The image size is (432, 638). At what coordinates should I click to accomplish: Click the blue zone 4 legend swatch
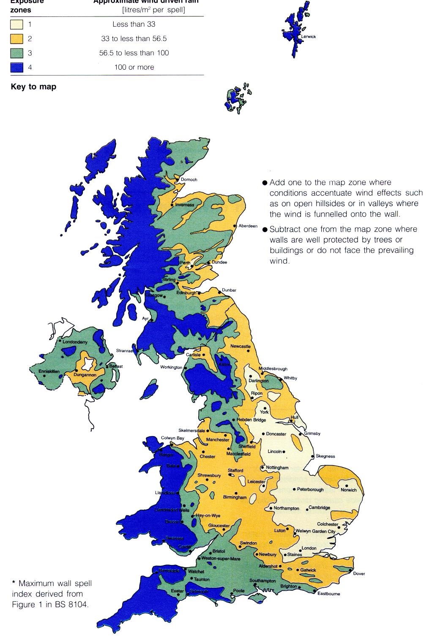click(16, 68)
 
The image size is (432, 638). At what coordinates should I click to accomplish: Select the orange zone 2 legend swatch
click(16, 39)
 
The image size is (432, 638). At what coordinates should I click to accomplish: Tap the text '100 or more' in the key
click(134, 67)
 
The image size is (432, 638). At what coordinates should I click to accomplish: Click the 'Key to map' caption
click(33, 87)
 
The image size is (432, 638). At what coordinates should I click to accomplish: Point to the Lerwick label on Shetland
click(309, 37)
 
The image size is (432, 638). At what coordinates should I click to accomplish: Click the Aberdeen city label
click(248, 226)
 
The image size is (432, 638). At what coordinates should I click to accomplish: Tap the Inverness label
click(185, 205)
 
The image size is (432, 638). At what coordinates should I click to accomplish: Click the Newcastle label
click(240, 346)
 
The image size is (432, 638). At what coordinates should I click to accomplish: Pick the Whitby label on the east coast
click(290, 378)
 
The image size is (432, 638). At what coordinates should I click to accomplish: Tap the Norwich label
click(349, 490)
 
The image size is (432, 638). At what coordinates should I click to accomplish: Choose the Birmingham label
click(235, 497)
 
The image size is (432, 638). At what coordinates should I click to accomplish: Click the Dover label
click(358, 574)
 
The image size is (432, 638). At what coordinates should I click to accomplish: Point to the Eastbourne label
click(328, 594)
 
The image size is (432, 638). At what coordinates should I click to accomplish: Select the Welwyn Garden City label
click(315, 531)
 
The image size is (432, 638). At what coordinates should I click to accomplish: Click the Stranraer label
click(125, 351)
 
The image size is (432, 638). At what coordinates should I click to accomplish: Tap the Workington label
click(171, 367)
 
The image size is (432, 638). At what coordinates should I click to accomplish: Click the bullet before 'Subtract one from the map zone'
click(265, 230)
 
